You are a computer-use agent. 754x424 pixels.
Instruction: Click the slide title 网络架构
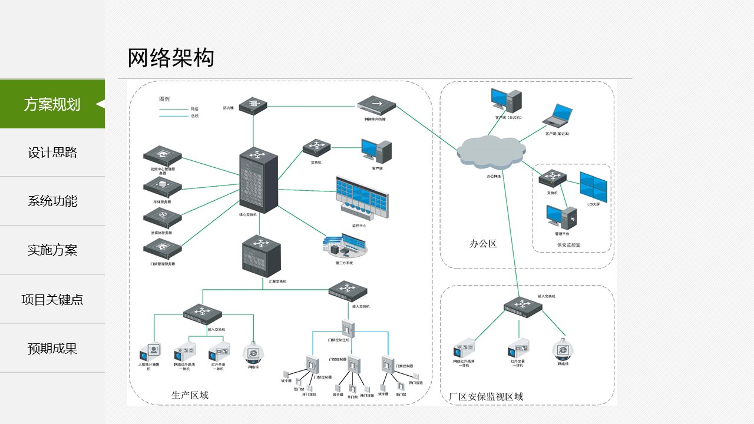tap(171, 58)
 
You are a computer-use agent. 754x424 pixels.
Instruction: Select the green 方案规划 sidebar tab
tap(52, 104)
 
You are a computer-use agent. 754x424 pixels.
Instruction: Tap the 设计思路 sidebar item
tap(52, 153)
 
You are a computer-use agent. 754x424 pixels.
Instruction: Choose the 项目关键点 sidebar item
tap(52, 299)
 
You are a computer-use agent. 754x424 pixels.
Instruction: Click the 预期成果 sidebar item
tap(52, 348)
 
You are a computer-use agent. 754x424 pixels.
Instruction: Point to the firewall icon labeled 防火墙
tap(254, 105)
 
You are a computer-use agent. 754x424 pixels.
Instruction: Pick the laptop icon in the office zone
tap(557, 116)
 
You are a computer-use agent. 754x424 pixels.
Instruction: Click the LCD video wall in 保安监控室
tap(593, 186)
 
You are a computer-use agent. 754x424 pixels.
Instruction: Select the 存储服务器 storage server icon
tap(162, 187)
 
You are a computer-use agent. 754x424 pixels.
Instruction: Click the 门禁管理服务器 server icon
tap(162, 249)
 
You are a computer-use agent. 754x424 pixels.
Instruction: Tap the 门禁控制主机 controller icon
tap(346, 328)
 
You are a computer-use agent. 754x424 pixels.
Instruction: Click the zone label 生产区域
tap(190, 395)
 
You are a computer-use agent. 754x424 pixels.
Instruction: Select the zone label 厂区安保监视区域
tap(485, 397)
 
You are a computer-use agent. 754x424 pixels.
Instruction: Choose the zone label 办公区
tap(483, 243)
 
